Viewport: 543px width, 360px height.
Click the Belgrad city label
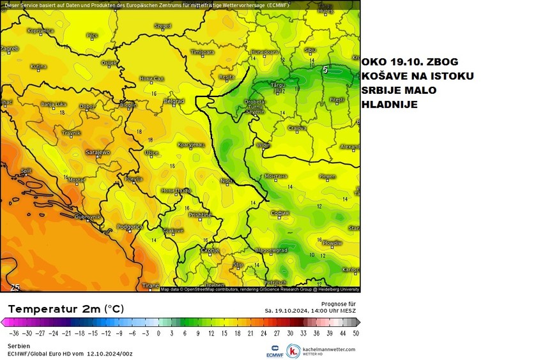pyautogui.click(x=174, y=101)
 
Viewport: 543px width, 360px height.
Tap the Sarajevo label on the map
pyautogui.click(x=98, y=152)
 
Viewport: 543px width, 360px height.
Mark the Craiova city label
pyautogui.click(x=297, y=128)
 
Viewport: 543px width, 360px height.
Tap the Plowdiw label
pyautogui.click(x=332, y=243)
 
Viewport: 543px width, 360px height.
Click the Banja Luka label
pyautogui.click(x=54, y=103)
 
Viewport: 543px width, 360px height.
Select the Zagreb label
pyautogui.click(x=10, y=48)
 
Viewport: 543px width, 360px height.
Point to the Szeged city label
pyautogui.click(x=163, y=26)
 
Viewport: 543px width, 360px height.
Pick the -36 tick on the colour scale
pyautogui.click(x=13, y=333)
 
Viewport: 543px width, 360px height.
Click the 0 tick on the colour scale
pyautogui.click(x=158, y=333)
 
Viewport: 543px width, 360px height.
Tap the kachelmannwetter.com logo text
pyautogui.click(x=330, y=349)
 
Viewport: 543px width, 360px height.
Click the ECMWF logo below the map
pyautogui.click(x=273, y=351)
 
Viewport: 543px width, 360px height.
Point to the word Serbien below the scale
pyautogui.click(x=19, y=345)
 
